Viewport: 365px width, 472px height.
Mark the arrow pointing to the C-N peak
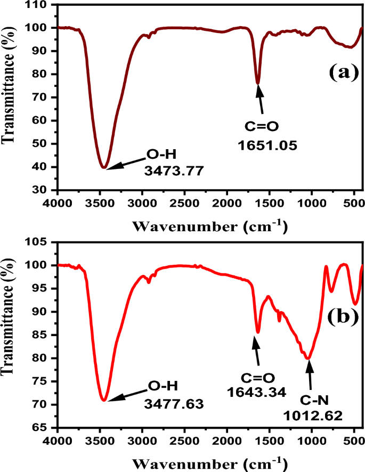(x=309, y=378)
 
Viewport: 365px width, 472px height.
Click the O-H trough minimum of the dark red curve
(x=104, y=167)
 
